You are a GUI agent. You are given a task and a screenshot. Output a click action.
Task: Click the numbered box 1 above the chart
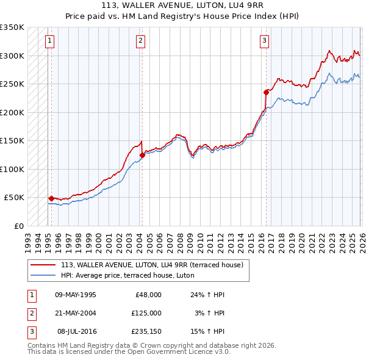[x=49, y=41]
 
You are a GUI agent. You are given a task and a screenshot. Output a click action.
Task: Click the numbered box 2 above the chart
[x=140, y=41]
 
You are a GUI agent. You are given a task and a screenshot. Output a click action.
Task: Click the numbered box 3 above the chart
[x=264, y=41]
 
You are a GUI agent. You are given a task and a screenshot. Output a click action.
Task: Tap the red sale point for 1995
[x=51, y=198]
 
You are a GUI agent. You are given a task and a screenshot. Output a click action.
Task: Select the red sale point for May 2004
[x=142, y=155]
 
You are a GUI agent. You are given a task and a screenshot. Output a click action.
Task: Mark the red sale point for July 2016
[x=266, y=92]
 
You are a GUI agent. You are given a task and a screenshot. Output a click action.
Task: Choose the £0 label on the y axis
[x=18, y=226]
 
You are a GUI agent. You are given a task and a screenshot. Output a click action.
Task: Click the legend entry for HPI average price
[x=127, y=275]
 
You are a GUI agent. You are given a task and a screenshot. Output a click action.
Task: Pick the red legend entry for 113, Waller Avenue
[x=152, y=265]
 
